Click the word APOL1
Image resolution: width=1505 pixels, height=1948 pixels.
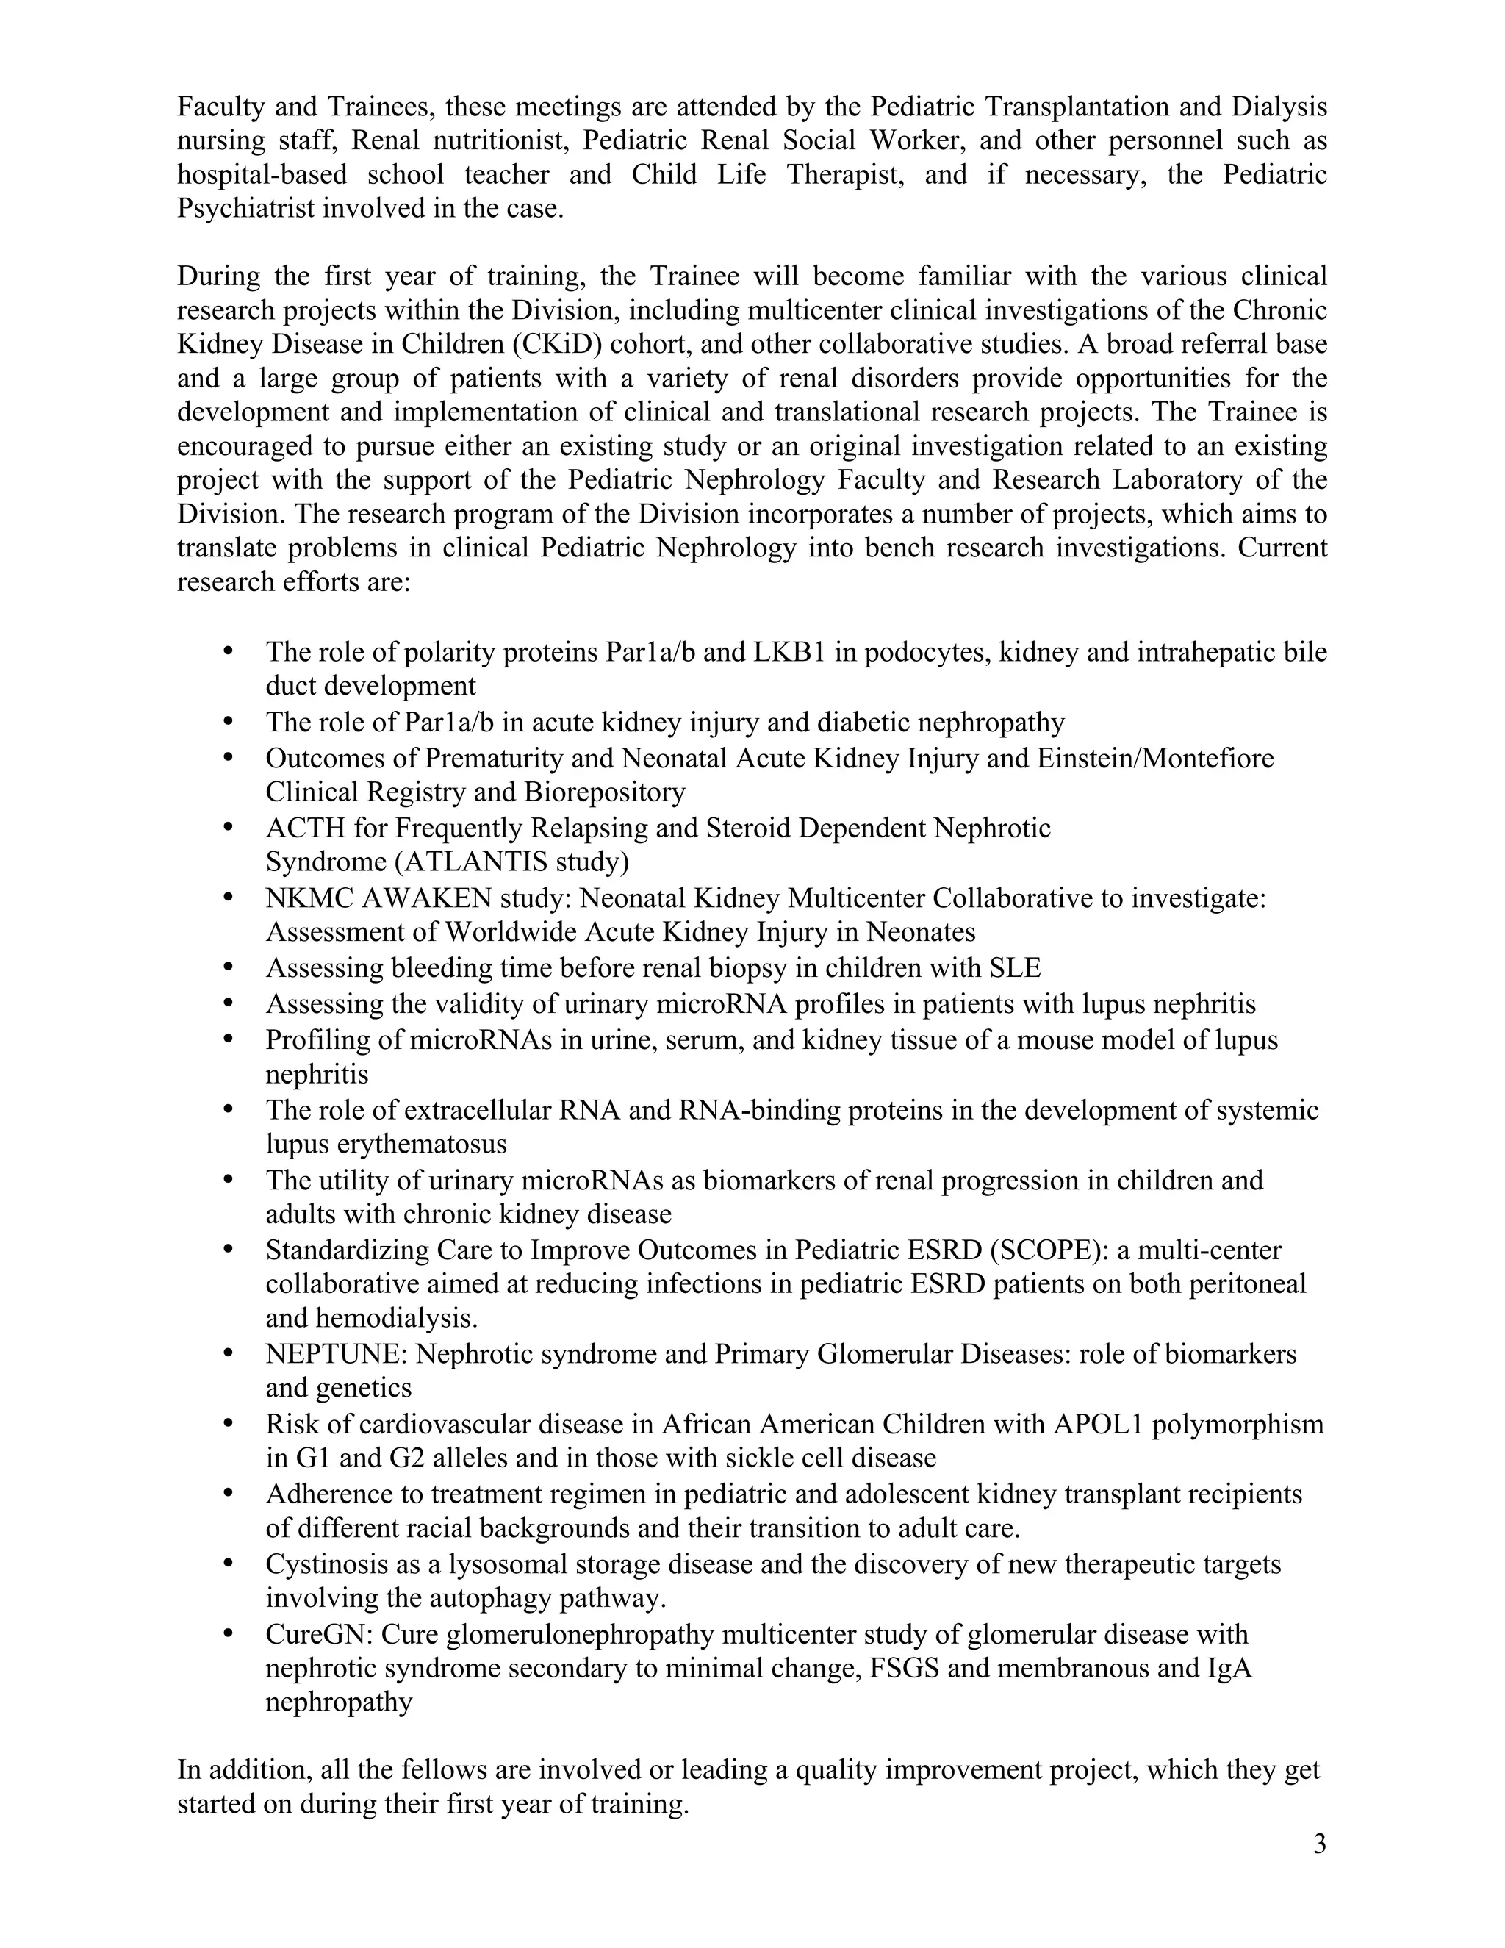click(x=1098, y=1425)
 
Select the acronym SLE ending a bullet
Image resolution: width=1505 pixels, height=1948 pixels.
click(x=1016, y=968)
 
